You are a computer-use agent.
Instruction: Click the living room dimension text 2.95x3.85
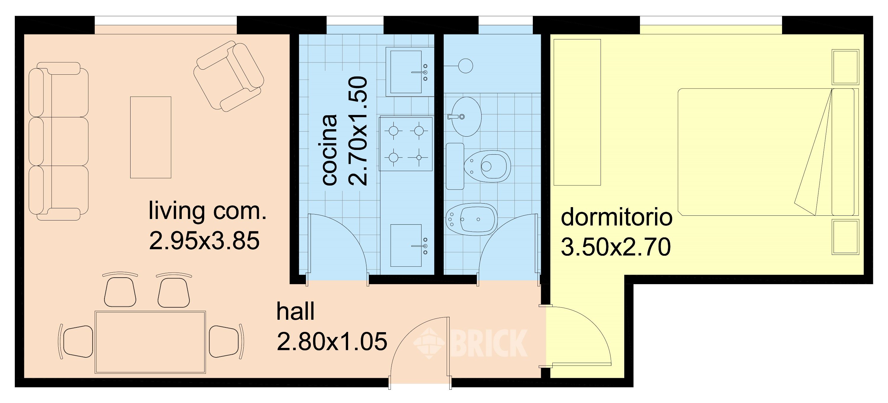204,241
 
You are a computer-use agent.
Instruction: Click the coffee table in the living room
151,137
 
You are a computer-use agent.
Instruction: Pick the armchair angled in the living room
229,76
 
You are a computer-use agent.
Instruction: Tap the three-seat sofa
58,141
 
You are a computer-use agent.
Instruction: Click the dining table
150,342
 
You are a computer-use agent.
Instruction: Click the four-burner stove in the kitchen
406,144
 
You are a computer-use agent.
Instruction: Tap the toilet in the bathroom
478,166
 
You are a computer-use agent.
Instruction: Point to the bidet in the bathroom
472,220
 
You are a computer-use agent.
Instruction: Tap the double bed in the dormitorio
768,152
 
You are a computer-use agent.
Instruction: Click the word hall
295,311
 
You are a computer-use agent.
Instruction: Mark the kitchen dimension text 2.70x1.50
358,131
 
